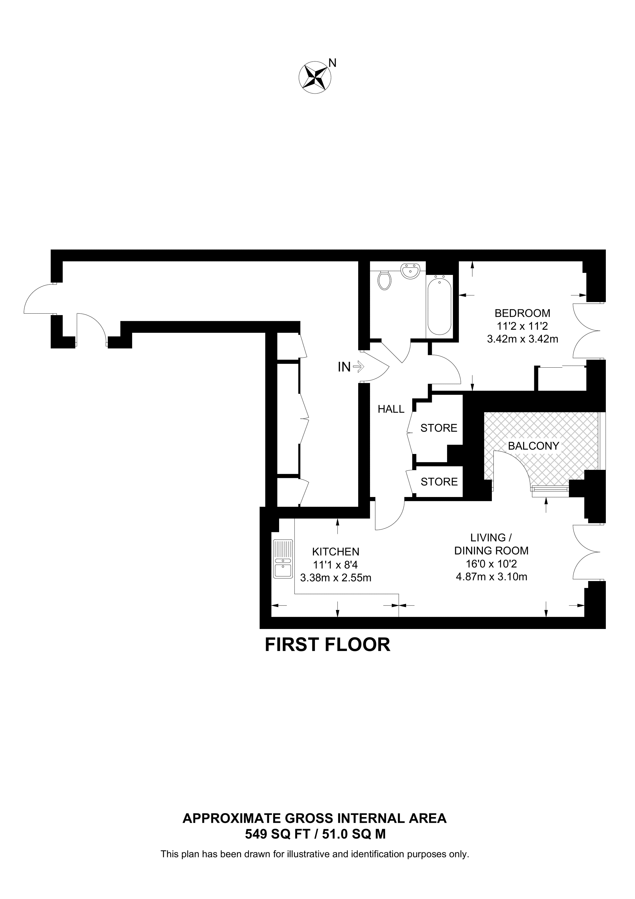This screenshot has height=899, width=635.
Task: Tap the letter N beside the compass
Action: (x=332, y=63)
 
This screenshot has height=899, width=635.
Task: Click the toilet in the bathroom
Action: (x=384, y=280)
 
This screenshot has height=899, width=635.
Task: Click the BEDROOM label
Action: (x=522, y=313)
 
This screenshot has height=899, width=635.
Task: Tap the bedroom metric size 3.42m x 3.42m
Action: (x=522, y=339)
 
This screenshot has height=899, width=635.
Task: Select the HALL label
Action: (x=391, y=409)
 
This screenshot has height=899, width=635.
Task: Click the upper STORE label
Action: (x=439, y=428)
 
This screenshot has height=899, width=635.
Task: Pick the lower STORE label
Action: (x=439, y=482)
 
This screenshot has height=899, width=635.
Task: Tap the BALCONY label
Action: (x=533, y=446)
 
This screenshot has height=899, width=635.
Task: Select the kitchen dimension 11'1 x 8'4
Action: (x=336, y=565)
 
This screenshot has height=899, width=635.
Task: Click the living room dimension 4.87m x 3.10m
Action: (x=492, y=577)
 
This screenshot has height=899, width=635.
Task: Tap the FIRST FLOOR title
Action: (x=328, y=645)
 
